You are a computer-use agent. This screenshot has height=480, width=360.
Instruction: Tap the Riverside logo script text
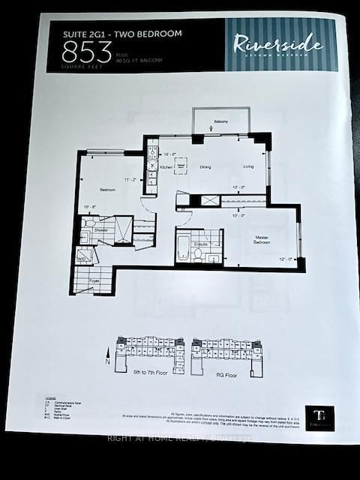pyautogui.click(x=278, y=43)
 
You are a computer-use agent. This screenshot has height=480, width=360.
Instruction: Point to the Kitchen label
pyautogui.click(x=166, y=166)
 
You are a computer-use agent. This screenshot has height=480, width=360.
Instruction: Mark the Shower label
pyautogui.click(x=101, y=229)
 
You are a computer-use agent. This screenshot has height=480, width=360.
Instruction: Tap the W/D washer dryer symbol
pyautogui.click(x=82, y=256)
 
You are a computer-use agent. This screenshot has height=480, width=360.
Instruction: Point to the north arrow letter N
pyautogui.click(x=108, y=361)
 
